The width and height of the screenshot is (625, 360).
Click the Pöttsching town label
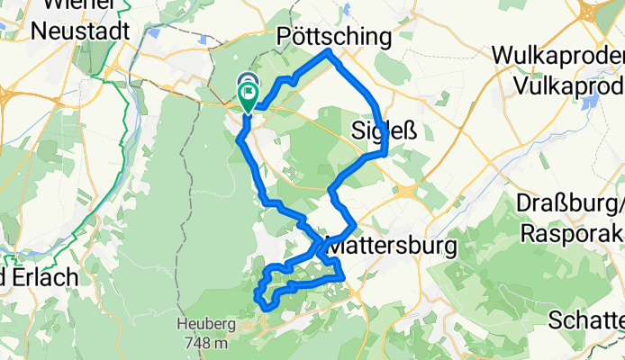pos(334,37)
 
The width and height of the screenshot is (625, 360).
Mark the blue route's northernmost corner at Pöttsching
pos(330,53)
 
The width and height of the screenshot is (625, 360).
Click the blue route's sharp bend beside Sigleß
pos(385,152)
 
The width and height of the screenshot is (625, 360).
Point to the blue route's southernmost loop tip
pos(267,308)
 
